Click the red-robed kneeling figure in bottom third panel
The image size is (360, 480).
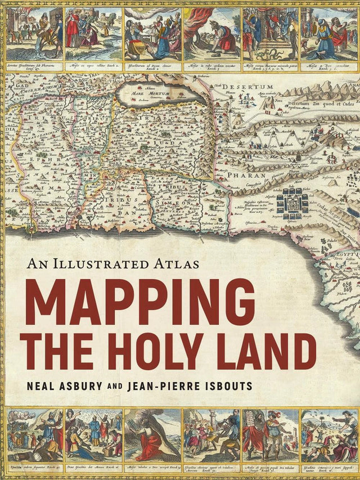[x=151, y=445]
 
